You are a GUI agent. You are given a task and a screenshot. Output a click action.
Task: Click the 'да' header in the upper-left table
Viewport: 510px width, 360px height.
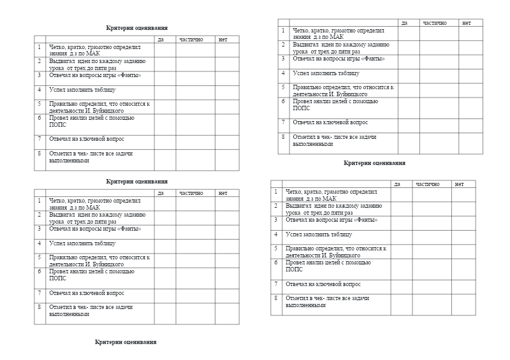tap(161, 40)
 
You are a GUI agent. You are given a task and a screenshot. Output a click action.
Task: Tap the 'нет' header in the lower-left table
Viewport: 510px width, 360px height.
tap(222, 193)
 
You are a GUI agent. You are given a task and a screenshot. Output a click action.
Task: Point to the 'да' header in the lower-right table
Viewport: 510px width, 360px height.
tap(398, 184)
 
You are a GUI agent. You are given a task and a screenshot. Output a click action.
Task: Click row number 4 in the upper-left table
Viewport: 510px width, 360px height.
tap(40, 89)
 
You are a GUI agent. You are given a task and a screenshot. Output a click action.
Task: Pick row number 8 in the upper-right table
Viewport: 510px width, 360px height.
tap(283, 136)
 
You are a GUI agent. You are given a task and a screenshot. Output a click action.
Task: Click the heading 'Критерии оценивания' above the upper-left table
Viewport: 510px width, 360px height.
tap(137, 28)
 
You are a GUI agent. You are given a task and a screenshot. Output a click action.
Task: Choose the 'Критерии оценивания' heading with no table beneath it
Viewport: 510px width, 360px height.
tap(126, 342)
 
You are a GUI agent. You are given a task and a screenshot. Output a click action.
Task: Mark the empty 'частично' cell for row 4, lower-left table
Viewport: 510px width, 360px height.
tap(196, 246)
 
